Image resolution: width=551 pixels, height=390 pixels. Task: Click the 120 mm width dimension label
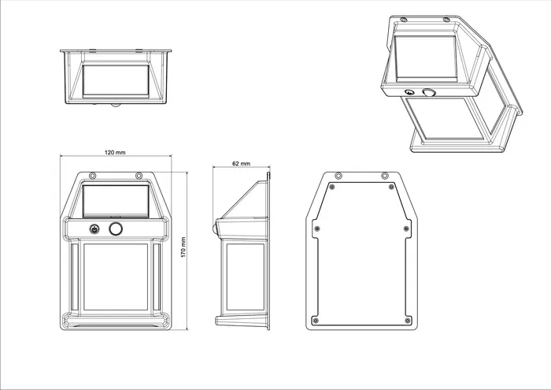pyautogui.click(x=116, y=152)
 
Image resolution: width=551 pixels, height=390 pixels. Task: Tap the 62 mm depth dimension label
pyautogui.click(x=242, y=163)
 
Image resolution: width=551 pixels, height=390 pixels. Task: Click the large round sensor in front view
pyautogui.click(x=116, y=229)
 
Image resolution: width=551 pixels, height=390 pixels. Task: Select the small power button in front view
pyautogui.click(x=94, y=230)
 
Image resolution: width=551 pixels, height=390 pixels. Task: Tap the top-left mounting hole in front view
pyautogui.click(x=92, y=175)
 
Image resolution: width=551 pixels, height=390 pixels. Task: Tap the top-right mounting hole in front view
pyautogui.click(x=139, y=175)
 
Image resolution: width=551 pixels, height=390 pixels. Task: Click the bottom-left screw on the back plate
pyautogui.click(x=315, y=320)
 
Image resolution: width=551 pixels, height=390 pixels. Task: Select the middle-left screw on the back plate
pyautogui.click(x=316, y=228)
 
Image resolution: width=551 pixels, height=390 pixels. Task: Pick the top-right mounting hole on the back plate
pyautogui.click(x=385, y=175)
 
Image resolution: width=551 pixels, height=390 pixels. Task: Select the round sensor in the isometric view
pyautogui.click(x=429, y=94)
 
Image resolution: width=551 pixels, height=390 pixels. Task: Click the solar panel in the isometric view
pyautogui.click(x=424, y=59)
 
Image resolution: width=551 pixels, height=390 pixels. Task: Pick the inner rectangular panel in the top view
pyautogui.click(x=116, y=81)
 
